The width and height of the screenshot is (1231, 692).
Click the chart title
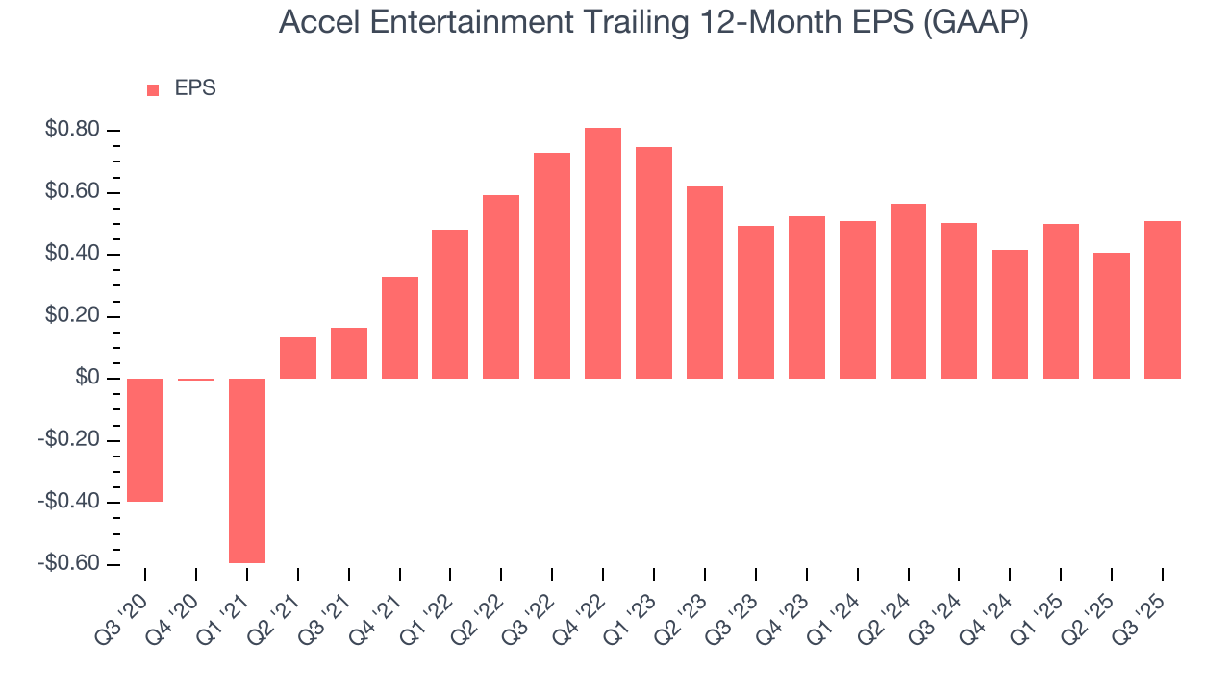653,22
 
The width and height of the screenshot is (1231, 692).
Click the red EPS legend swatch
153,90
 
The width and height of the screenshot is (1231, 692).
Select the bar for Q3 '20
145,440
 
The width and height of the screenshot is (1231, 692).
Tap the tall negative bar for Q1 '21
247,470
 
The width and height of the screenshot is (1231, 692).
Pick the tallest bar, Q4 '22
603,253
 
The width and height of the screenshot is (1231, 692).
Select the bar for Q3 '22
552,265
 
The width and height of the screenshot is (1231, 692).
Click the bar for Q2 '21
298,358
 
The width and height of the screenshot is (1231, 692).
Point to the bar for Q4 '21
400,328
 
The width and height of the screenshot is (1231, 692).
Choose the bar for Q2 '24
908,291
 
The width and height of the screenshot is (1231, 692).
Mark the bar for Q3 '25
1163,300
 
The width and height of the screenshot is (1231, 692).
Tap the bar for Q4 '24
1010,314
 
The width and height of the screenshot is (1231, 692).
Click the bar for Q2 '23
705,283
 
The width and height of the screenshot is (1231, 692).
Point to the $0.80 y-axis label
73,131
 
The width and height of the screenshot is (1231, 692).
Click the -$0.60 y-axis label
69,564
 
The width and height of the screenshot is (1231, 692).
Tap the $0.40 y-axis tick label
73,255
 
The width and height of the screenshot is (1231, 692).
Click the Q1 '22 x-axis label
431,607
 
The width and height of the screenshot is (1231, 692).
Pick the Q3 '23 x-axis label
737,607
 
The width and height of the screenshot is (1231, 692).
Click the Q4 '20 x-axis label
177,607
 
